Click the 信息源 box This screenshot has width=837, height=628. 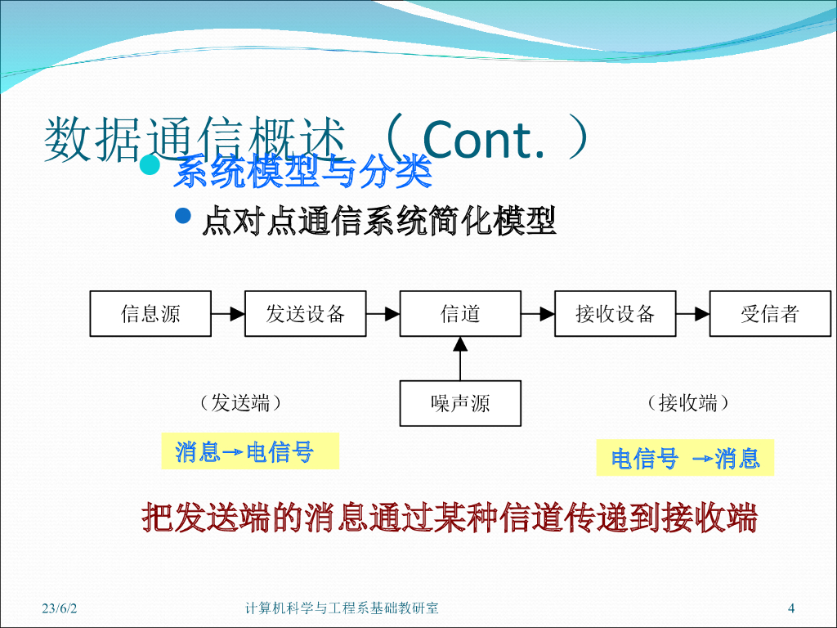tap(150, 313)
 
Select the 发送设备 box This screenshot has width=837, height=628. tap(305, 313)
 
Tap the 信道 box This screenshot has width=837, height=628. tap(460, 313)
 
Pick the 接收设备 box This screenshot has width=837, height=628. tap(615, 313)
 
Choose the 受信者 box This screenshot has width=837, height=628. tap(770, 313)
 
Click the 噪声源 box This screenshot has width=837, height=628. tap(460, 403)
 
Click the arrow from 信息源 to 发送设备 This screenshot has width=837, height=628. tap(228, 313)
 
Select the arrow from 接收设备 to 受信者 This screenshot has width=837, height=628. tap(693, 313)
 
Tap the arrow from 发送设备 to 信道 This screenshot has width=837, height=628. tap(383, 313)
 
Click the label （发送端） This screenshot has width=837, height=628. tap(240, 402)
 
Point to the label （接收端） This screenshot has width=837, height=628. tap(687, 402)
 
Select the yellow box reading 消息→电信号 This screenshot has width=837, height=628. tap(249, 451)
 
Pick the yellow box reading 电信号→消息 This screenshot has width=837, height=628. tap(685, 458)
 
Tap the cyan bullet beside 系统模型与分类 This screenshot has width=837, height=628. tap(149, 165)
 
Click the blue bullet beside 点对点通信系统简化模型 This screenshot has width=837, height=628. tap(184, 217)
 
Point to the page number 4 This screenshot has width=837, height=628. tap(790, 608)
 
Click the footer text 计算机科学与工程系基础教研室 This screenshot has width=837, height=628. tap(342, 608)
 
